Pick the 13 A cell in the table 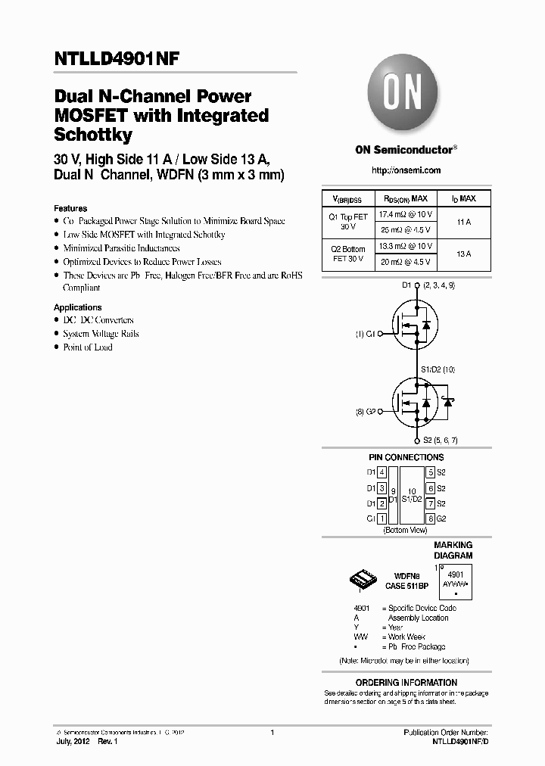tap(463, 254)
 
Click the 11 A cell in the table tap(463, 223)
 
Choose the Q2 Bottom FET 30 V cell tap(348, 254)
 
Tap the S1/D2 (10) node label tap(438, 369)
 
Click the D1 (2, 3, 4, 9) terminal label tap(428, 285)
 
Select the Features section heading tap(70, 208)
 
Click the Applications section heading tap(77, 307)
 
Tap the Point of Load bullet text tap(88, 347)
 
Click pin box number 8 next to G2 tap(430, 518)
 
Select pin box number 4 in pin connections tap(382, 472)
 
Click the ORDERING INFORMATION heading tap(406, 683)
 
